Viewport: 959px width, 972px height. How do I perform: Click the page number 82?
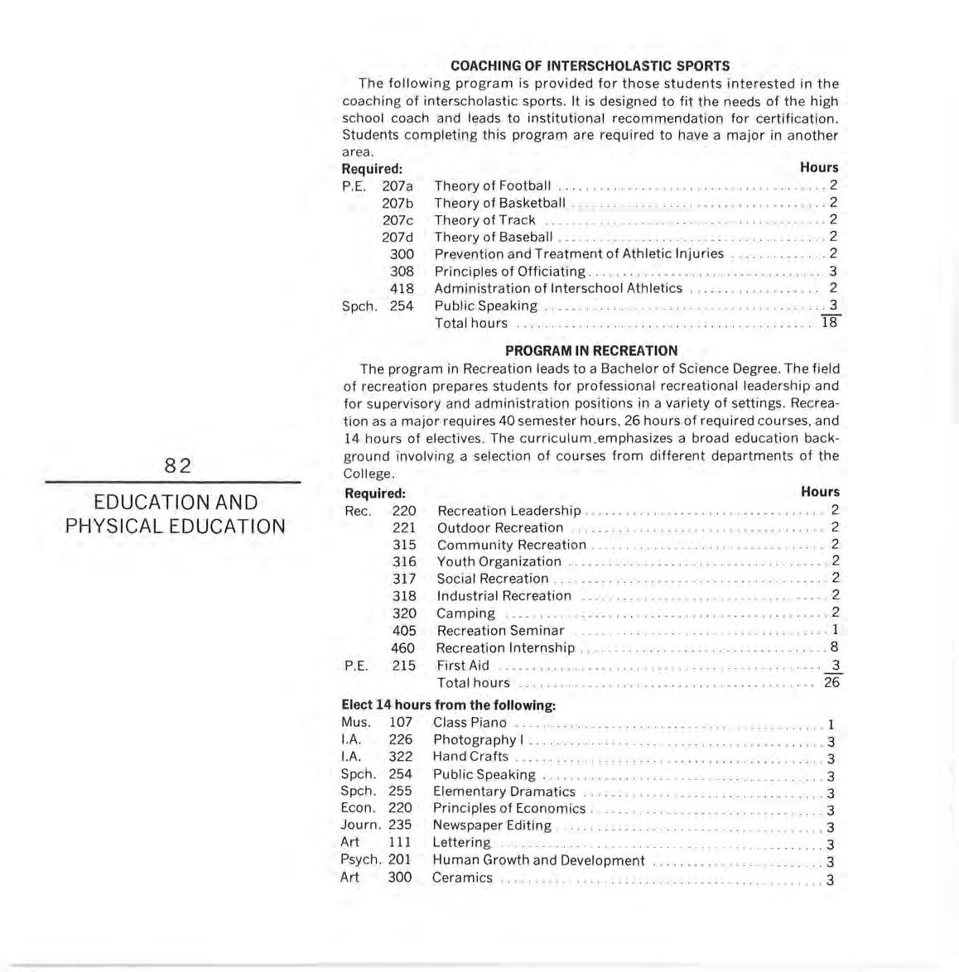pos(177,466)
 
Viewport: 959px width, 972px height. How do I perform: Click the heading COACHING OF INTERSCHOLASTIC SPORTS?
pos(590,65)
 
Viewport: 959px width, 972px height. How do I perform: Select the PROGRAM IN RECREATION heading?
pos(590,350)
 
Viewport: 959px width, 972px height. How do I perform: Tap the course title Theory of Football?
pos(492,185)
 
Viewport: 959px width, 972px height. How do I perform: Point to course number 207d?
pos(398,237)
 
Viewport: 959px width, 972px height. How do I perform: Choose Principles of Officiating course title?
pos(509,272)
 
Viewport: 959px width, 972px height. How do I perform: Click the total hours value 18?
pos(829,323)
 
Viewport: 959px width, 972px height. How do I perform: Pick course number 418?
pos(402,288)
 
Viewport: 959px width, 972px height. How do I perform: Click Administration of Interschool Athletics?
pos(558,288)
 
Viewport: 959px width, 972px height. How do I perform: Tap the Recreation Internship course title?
pos(505,647)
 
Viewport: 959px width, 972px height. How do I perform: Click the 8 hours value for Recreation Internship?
pos(834,647)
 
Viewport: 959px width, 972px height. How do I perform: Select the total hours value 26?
pos(831,682)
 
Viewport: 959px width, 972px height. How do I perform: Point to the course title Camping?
pos(465,614)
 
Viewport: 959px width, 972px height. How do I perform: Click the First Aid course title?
pos(463,665)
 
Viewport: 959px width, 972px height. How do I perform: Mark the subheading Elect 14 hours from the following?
pos(448,705)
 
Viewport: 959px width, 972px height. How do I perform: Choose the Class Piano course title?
pos(470,722)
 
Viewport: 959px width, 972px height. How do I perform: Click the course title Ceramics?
pos(462,877)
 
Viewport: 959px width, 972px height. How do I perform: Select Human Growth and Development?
pos(538,859)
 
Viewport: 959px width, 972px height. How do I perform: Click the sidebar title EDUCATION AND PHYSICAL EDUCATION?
pos(176,514)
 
